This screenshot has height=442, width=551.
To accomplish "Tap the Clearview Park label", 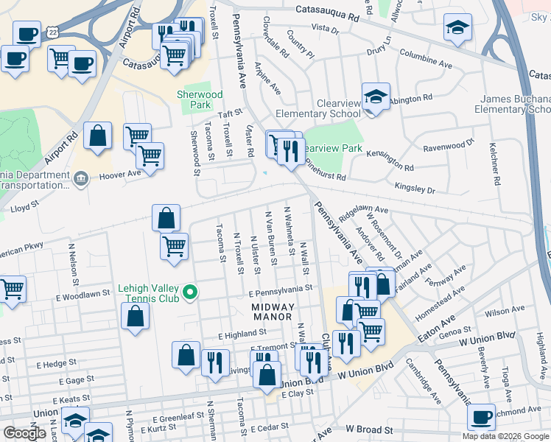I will coord(332,148).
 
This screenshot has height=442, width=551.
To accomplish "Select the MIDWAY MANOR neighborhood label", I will coord(273,312).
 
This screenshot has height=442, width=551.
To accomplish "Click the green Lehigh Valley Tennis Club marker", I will coord(191,293).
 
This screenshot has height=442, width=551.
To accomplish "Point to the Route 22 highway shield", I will coord(51,32).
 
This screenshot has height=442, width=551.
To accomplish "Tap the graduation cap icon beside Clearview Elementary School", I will coord(376,98).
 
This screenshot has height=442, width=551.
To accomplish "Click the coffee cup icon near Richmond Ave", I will coord(481,417).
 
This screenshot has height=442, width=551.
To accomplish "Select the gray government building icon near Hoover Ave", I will coord(82,178).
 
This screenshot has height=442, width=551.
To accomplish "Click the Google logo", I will coord(24,432).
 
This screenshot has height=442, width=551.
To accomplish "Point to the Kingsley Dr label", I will coord(415,189).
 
